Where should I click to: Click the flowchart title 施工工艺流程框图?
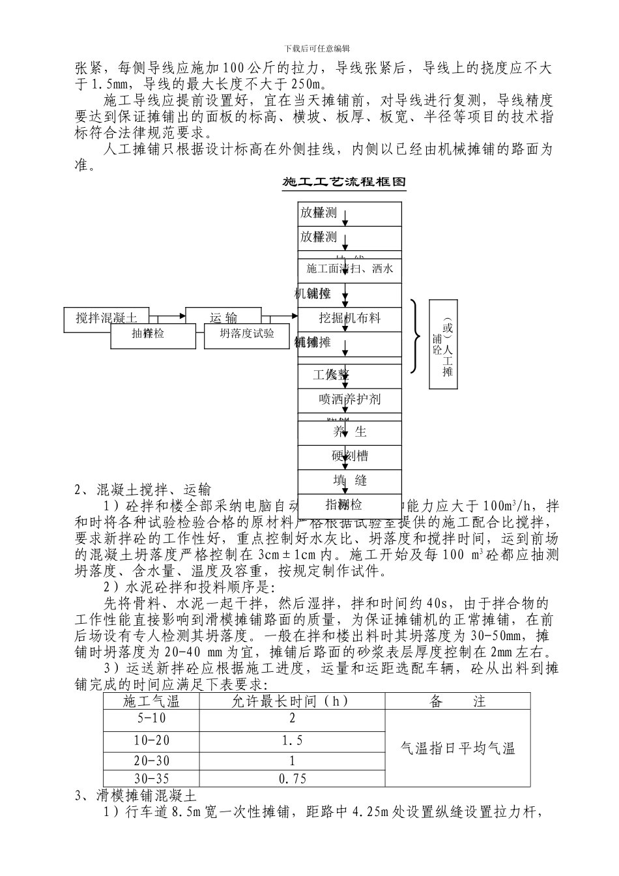(x=344, y=182)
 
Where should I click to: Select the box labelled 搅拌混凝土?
(x=106, y=317)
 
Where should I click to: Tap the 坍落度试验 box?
(x=247, y=334)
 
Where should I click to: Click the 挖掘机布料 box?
(x=350, y=318)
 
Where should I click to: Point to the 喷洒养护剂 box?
(x=350, y=399)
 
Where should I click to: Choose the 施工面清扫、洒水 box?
(x=350, y=269)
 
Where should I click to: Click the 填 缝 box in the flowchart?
(x=350, y=480)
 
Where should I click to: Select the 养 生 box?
(x=350, y=431)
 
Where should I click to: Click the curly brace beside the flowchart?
(x=416, y=336)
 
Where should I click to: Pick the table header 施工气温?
(x=151, y=701)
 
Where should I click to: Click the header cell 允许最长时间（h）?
(x=292, y=701)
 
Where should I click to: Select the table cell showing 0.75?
(x=292, y=778)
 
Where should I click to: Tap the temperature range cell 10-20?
(x=151, y=740)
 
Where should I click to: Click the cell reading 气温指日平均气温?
(x=457, y=748)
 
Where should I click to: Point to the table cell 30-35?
(x=151, y=778)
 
